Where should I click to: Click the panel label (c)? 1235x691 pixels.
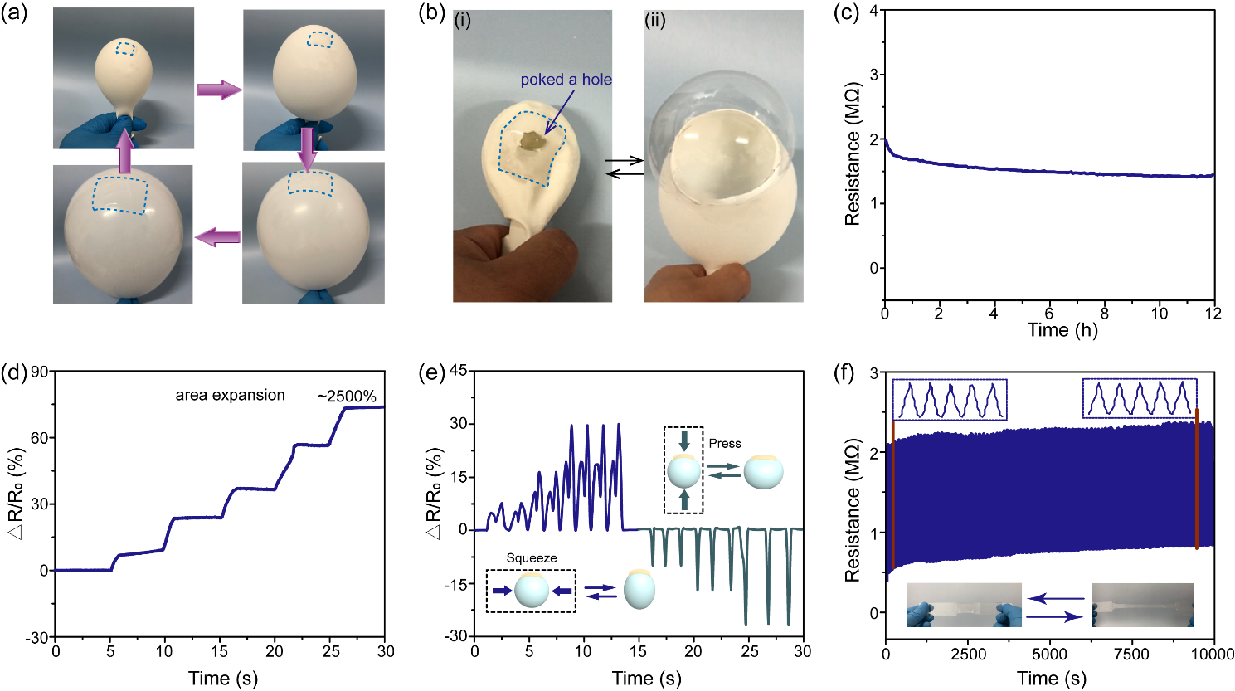click(x=844, y=16)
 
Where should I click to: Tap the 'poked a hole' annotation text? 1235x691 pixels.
click(x=566, y=80)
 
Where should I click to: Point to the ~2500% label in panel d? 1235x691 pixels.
click(x=347, y=396)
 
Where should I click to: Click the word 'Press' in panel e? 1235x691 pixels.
click(x=725, y=444)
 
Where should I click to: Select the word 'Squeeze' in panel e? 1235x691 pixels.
click(x=532, y=558)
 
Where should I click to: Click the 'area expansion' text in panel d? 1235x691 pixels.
click(x=230, y=395)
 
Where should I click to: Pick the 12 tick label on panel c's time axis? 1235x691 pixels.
click(x=1214, y=313)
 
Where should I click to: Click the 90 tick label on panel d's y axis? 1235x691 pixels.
click(x=39, y=372)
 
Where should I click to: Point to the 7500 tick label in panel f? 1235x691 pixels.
click(x=1130, y=654)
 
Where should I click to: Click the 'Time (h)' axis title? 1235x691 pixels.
click(x=1062, y=330)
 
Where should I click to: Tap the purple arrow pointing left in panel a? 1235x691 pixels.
click(x=217, y=238)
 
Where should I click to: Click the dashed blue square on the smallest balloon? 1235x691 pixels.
click(x=124, y=49)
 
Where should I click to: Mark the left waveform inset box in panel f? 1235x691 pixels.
click(x=949, y=399)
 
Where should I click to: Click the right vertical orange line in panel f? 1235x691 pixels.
click(x=1197, y=479)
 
